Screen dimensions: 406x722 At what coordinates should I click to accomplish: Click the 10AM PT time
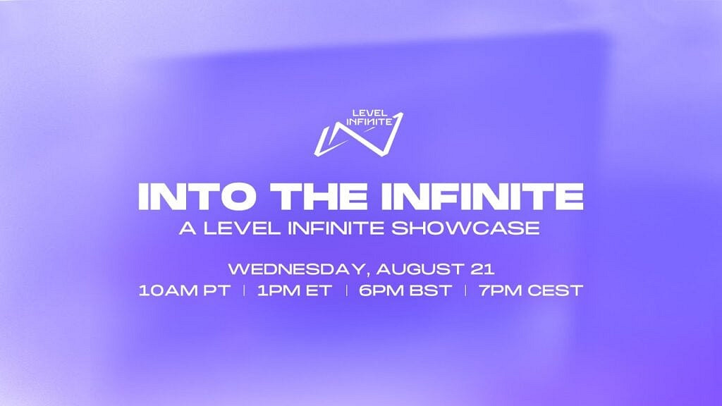point(184,290)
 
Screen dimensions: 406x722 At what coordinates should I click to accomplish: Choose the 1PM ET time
point(295,290)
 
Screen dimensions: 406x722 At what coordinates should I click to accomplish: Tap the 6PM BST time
point(405,290)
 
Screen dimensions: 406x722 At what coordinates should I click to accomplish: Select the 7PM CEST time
point(530,290)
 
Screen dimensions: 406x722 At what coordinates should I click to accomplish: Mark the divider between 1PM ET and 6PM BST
point(345,290)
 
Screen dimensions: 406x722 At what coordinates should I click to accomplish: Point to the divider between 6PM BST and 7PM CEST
point(465,290)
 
